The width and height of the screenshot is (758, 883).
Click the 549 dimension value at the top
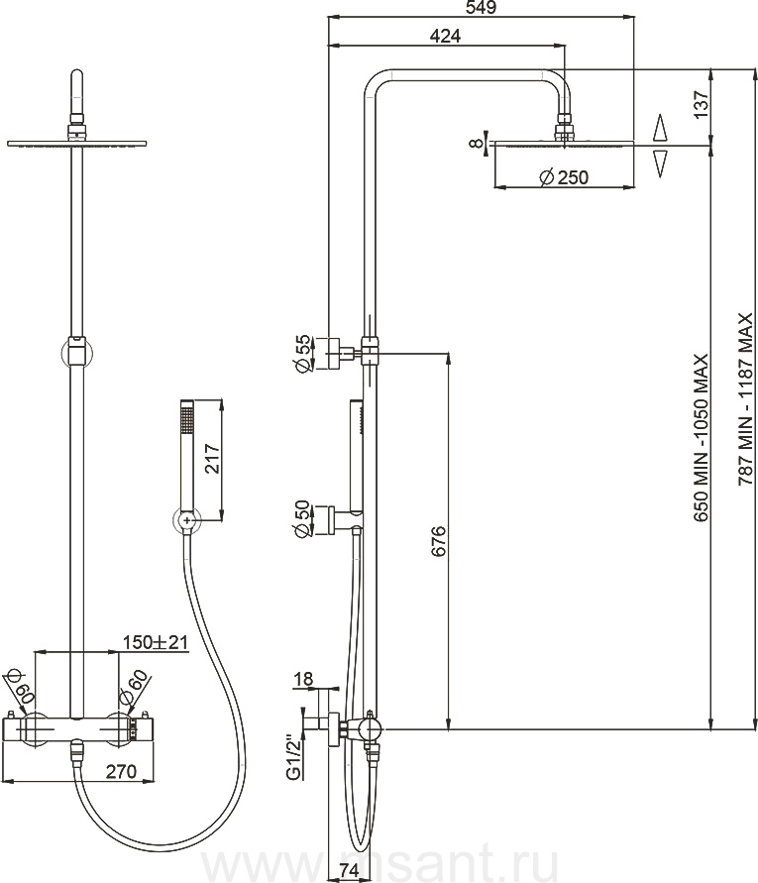click(481, 8)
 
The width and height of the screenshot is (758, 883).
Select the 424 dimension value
click(445, 36)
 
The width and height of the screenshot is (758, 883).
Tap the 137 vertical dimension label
click(702, 104)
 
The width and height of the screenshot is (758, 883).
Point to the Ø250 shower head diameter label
click(564, 177)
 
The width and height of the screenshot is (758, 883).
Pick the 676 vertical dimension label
click(438, 541)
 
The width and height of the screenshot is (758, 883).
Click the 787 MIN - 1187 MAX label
click(745, 399)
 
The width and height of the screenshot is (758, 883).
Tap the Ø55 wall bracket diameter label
click(302, 353)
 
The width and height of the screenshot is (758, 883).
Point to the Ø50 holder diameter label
click(302, 518)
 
